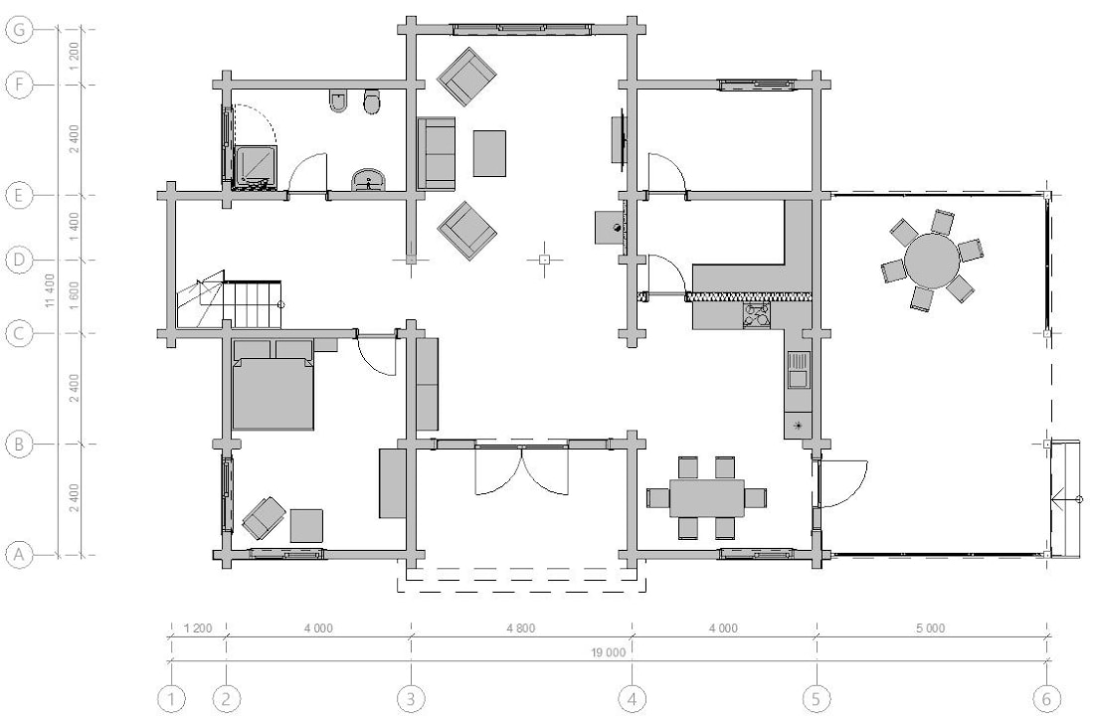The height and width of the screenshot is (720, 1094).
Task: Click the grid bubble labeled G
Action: [19, 29]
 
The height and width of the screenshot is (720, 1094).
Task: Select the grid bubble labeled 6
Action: [1046, 698]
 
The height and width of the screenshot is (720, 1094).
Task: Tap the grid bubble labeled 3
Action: [411, 698]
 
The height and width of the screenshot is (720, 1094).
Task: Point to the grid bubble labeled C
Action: [19, 333]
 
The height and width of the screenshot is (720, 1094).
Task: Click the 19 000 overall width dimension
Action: [609, 653]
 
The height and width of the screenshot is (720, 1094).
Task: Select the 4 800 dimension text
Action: [521, 628]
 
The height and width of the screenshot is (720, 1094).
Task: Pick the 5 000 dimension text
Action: [931, 628]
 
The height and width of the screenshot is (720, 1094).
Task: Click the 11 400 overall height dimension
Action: [49, 290]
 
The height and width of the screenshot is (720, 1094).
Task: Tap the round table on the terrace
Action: [932, 261]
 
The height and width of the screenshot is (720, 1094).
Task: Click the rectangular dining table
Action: [706, 497]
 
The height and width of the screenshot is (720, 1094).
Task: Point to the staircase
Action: [231, 301]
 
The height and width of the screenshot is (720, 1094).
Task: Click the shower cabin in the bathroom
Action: [256, 166]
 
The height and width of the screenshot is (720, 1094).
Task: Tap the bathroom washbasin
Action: [368, 179]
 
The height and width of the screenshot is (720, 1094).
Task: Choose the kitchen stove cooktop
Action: [757, 315]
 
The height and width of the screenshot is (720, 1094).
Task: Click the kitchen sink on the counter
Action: [798, 370]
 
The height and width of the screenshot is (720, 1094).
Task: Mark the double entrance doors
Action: [521, 467]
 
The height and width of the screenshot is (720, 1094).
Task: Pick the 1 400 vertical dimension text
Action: [74, 228]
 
